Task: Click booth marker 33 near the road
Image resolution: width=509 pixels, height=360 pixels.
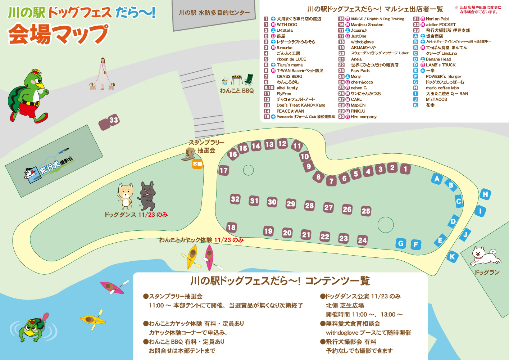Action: click(x=113, y=120)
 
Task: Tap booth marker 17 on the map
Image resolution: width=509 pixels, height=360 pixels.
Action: click(x=224, y=170)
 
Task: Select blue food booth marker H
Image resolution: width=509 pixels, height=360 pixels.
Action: click(x=485, y=194)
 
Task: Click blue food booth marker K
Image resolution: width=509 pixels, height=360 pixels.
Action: click(x=452, y=257)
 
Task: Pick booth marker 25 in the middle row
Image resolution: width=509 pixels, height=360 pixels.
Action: click(x=366, y=211)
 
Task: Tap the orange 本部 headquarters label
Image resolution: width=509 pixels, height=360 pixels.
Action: click(x=197, y=164)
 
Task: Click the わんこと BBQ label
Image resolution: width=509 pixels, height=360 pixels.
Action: click(x=237, y=91)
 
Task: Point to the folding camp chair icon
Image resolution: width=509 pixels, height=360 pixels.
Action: click(x=248, y=80)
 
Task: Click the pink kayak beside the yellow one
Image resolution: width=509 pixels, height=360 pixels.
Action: click(x=209, y=257)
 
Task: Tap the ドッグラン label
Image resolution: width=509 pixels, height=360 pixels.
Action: click(x=487, y=273)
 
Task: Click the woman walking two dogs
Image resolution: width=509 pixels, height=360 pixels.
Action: click(x=103, y=74)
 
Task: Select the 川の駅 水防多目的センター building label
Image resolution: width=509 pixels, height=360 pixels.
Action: click(x=214, y=13)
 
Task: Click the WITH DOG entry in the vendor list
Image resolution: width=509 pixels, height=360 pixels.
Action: click(x=287, y=24)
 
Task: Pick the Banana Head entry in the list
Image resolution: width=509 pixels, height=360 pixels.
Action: click(x=438, y=59)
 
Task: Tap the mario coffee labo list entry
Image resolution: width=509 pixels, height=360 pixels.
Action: click(x=442, y=88)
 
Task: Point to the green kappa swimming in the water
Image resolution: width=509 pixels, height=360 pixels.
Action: click(x=32, y=329)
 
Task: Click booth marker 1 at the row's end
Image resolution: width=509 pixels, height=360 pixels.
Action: click(x=405, y=169)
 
